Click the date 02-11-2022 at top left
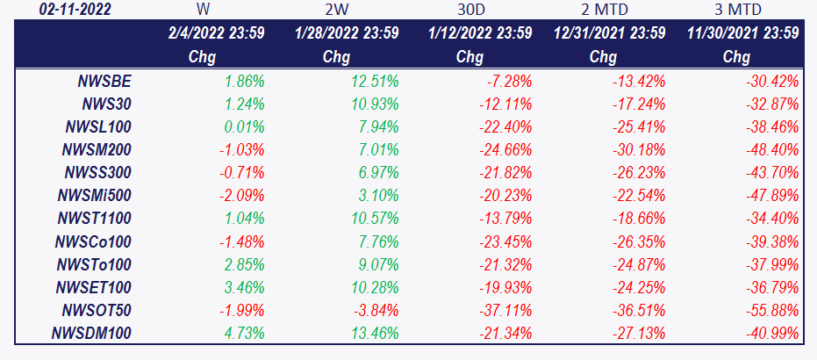click(x=75, y=10)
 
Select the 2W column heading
click(x=337, y=10)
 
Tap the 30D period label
click(x=470, y=10)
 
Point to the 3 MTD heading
click(x=737, y=10)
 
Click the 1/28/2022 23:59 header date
click(x=346, y=32)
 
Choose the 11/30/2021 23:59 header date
click(x=742, y=32)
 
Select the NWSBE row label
click(x=104, y=82)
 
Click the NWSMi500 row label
click(x=95, y=196)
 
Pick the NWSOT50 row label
click(x=97, y=311)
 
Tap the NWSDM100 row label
click(x=91, y=334)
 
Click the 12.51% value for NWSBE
click(x=374, y=82)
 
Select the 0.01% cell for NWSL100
click(x=244, y=127)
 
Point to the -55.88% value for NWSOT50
click(x=773, y=311)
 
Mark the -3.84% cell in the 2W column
click(x=376, y=311)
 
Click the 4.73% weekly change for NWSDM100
click(x=244, y=334)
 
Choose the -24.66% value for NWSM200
click(x=506, y=150)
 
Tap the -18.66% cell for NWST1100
click(x=640, y=219)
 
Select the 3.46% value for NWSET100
click(x=244, y=288)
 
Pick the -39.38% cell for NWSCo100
click(x=773, y=241)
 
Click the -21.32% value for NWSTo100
click(x=506, y=264)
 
